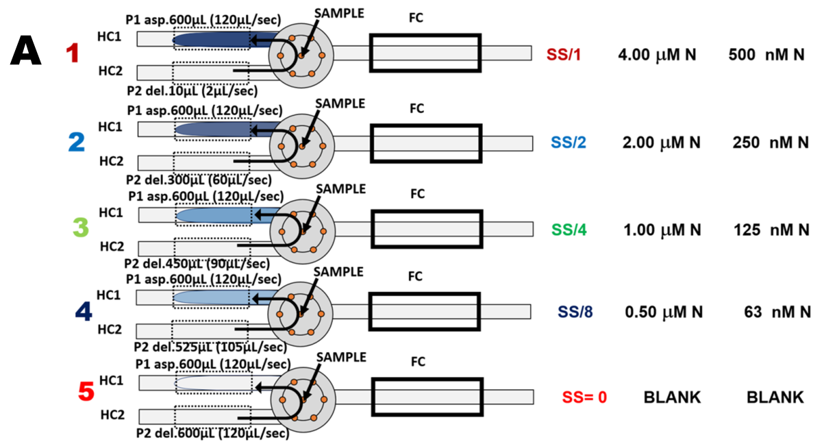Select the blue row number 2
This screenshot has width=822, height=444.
click(76, 142)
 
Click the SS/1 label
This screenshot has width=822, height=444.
click(564, 54)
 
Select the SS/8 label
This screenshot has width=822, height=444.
click(575, 312)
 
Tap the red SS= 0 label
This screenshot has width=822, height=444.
click(584, 397)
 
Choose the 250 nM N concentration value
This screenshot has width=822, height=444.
click(766, 143)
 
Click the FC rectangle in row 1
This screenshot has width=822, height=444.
click(425, 52)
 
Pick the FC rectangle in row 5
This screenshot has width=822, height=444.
click(425, 397)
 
